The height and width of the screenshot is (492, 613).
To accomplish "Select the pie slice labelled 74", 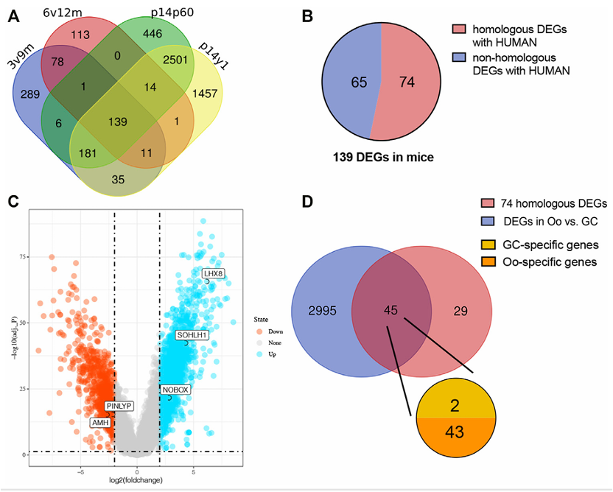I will point(407,82).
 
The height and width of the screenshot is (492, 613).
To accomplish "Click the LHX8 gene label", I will point(214,274).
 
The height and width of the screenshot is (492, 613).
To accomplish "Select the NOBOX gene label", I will point(175,388).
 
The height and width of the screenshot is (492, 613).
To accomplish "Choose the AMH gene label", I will point(99,423).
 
